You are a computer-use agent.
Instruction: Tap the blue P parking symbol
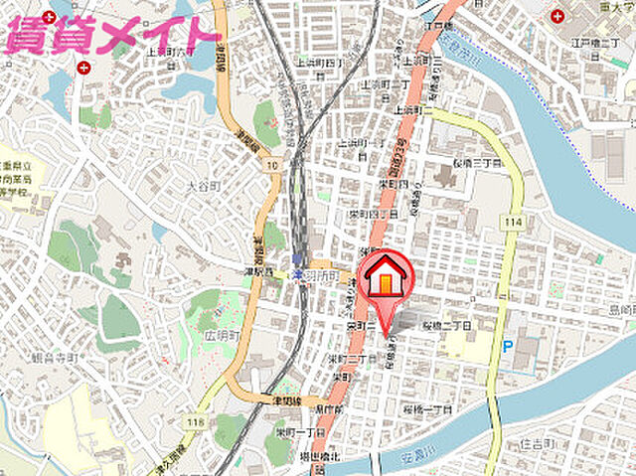click(x=508, y=347)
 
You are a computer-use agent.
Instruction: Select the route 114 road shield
click(x=513, y=221)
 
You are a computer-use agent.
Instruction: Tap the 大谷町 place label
click(x=202, y=184)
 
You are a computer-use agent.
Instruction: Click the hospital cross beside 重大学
click(x=557, y=16)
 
